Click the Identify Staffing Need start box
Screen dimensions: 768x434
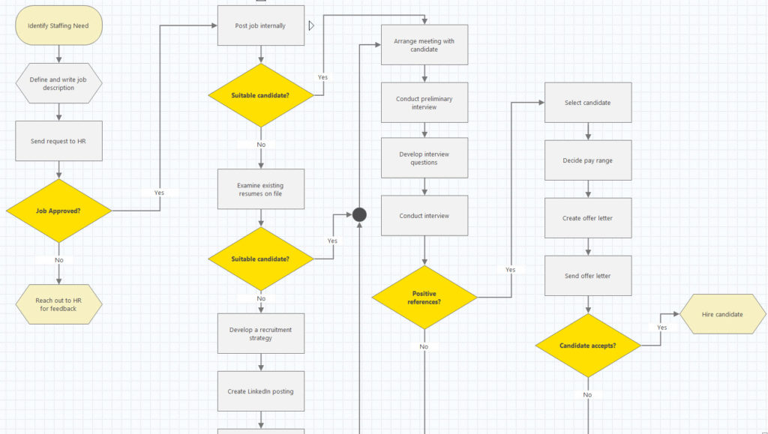pyautogui.click(x=58, y=25)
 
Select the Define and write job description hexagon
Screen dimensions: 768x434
pyautogui.click(x=58, y=83)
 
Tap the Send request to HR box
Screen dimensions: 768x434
pyautogui.click(x=58, y=141)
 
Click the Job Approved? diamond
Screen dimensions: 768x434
pyautogui.click(x=58, y=211)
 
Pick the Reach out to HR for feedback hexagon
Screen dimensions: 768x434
pyautogui.click(x=58, y=304)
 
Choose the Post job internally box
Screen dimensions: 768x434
pyautogui.click(x=260, y=25)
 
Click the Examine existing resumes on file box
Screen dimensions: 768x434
pyautogui.click(x=260, y=190)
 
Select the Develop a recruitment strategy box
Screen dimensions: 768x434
pyautogui.click(x=260, y=334)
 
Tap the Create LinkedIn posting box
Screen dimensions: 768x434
pyautogui.click(x=260, y=391)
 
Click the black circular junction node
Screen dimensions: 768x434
pyautogui.click(x=359, y=215)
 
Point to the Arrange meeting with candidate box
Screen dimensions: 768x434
pyautogui.click(x=424, y=45)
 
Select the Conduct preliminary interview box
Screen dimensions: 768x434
pyautogui.click(x=424, y=102)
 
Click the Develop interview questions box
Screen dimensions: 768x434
pyautogui.click(x=424, y=158)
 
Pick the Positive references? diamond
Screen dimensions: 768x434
pyautogui.click(x=424, y=298)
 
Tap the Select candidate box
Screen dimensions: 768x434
pyautogui.click(x=588, y=103)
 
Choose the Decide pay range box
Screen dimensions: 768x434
pyautogui.click(x=588, y=160)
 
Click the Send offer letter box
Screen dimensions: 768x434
pyautogui.click(x=588, y=276)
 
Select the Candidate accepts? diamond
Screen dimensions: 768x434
pyautogui.click(x=588, y=346)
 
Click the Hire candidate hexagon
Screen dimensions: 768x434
pyautogui.click(x=722, y=314)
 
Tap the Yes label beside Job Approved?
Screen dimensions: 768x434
pyautogui.click(x=159, y=193)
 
